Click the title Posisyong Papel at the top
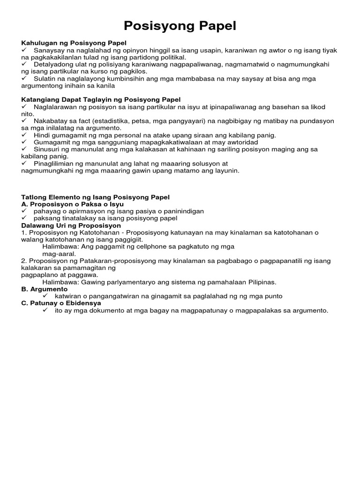180,26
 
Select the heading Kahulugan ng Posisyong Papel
74,43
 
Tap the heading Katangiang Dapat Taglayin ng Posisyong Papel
101,100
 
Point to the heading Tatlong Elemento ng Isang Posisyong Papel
96,197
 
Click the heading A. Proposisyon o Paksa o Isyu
73,204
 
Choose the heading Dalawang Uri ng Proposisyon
71,225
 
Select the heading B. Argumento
45,289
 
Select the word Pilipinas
260,282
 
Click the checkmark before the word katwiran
45,296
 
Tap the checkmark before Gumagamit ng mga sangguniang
25,142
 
